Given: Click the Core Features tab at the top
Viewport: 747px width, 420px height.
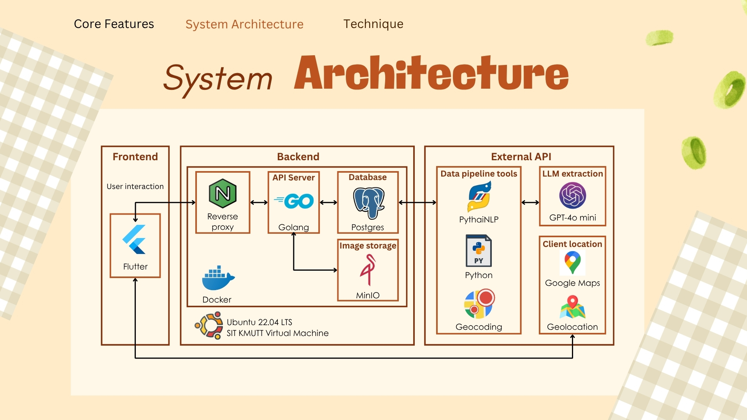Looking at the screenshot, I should (114, 24).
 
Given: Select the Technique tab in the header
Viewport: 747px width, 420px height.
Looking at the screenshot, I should (373, 24).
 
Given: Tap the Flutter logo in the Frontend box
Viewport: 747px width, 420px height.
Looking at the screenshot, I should (135, 239).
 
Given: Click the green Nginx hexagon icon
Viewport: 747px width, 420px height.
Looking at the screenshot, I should (223, 193).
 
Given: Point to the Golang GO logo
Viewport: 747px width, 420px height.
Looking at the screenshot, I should (294, 201).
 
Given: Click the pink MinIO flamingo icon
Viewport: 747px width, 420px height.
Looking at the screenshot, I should (368, 269).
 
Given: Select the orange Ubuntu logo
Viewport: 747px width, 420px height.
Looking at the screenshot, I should (209, 325).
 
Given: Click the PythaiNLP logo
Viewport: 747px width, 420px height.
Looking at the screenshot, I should (479, 196).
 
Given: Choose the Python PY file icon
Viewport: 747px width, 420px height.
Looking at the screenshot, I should (479, 250).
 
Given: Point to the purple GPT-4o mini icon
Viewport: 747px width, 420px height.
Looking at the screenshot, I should (572, 195).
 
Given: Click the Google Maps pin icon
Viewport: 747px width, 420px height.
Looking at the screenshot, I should (572, 262).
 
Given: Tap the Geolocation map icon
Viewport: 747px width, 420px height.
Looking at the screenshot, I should (572, 307).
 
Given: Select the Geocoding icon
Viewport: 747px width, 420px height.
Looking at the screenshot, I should (479, 304).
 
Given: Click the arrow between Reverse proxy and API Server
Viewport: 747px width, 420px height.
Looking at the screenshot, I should (259, 202).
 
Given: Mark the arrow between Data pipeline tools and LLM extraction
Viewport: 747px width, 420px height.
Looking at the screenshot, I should (530, 202).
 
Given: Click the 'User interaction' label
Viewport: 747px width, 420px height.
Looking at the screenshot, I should (135, 187).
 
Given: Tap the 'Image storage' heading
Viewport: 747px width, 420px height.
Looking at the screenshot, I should (368, 246).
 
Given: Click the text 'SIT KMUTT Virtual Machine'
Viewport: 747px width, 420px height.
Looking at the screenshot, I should (277, 333).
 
